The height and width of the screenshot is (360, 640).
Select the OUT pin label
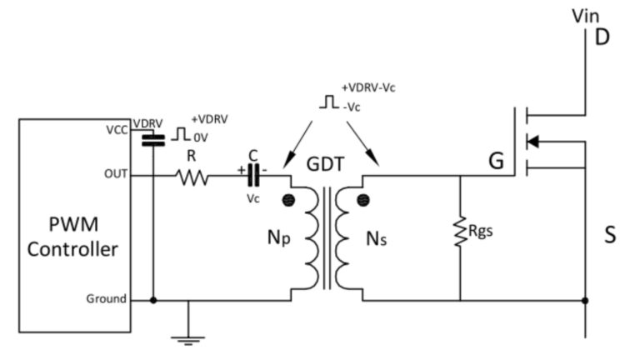click(x=116, y=175)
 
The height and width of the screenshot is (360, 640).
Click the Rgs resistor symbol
click(x=460, y=232)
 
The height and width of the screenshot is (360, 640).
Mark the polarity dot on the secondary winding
click(x=362, y=200)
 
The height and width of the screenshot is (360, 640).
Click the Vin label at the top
click(x=584, y=14)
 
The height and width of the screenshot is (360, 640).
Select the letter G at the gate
click(x=496, y=161)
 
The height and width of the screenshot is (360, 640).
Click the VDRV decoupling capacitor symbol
click(x=152, y=139)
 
